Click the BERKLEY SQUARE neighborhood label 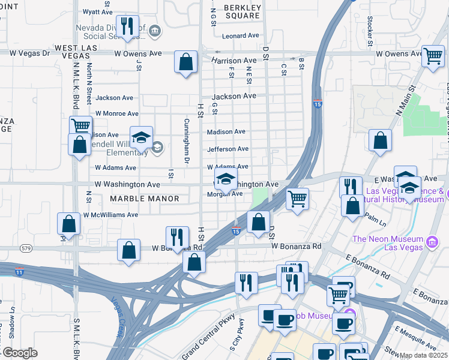(243, 11)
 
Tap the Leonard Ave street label (240, 36)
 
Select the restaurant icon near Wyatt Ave (127, 26)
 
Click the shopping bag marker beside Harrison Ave (186, 62)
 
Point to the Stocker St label (370, 34)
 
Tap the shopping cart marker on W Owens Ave (432, 56)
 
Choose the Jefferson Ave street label (228, 149)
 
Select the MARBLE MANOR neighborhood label (145, 199)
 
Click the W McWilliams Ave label (110, 215)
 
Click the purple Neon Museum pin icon (432, 242)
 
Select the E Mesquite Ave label (416, 338)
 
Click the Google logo (19, 353)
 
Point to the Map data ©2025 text (423, 355)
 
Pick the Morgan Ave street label (224, 194)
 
